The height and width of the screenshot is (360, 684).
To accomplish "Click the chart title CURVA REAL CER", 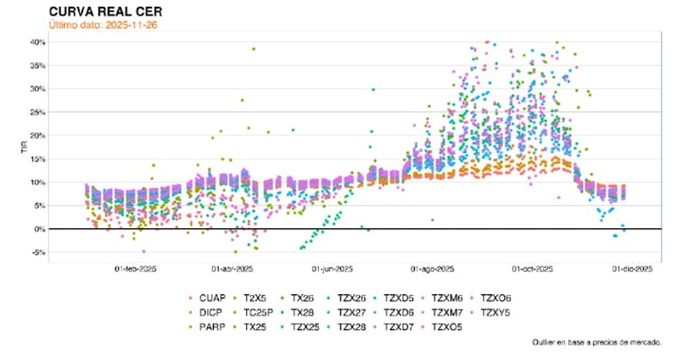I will point(104,11).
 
